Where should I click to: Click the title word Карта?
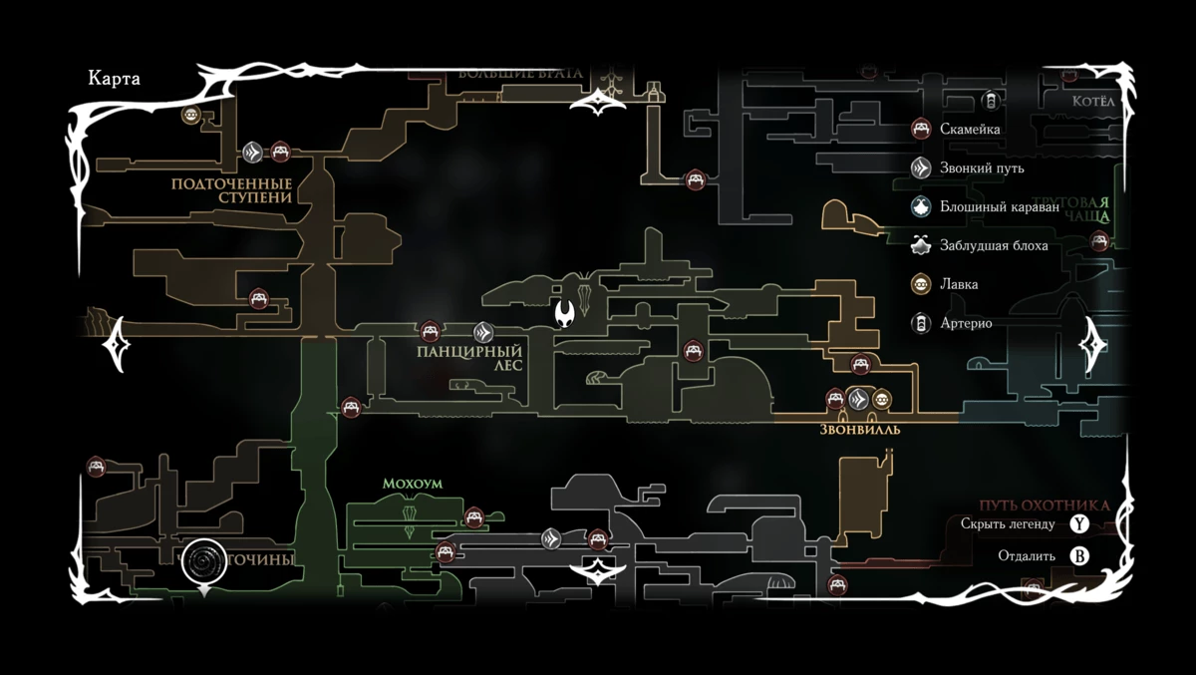(x=114, y=80)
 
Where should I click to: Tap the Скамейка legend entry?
(x=969, y=129)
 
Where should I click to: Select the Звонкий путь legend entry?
(x=981, y=168)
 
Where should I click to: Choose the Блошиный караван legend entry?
(x=991, y=207)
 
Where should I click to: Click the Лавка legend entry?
(x=958, y=284)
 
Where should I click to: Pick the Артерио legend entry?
(x=965, y=323)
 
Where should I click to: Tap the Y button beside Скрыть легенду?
(x=1079, y=524)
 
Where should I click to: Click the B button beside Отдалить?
(x=1079, y=555)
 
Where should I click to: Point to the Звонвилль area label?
(x=860, y=430)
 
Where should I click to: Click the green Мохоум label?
(x=412, y=484)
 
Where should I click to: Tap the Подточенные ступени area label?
(x=231, y=190)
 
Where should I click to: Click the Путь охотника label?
(x=1044, y=506)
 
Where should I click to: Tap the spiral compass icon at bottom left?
(x=204, y=561)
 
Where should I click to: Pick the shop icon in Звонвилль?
(x=881, y=400)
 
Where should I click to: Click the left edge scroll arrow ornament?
(x=118, y=343)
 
